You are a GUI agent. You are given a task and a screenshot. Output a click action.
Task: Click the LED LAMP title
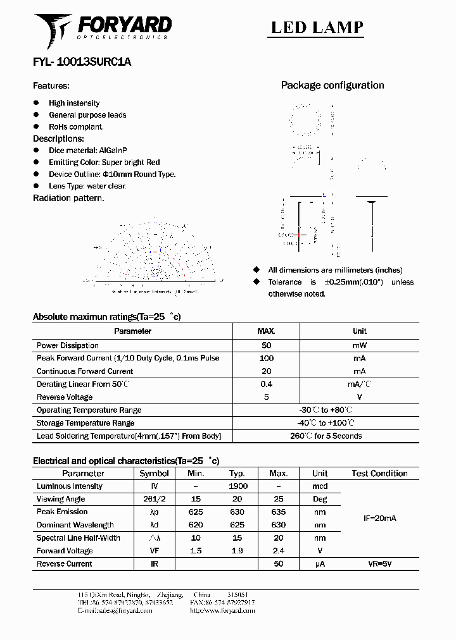(317, 27)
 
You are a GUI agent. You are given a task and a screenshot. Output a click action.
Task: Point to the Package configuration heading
(332, 85)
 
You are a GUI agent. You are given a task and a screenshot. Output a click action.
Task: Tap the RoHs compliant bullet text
(76, 126)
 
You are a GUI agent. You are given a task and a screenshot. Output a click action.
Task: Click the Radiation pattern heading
(68, 198)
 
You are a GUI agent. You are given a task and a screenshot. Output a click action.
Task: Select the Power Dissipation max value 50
(266, 345)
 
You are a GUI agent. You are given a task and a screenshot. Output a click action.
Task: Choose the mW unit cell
(359, 345)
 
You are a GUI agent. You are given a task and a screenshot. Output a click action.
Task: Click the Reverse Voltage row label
(65, 397)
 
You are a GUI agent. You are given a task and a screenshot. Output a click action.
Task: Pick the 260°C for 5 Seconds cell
(326, 436)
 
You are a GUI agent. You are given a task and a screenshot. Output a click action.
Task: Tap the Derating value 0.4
(266, 384)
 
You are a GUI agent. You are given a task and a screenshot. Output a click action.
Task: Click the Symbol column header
(154, 473)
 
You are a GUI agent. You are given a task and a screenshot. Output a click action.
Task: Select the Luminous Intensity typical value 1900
(237, 486)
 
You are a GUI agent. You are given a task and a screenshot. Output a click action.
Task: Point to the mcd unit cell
(320, 486)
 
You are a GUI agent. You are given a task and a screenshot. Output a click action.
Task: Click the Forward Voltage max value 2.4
(278, 551)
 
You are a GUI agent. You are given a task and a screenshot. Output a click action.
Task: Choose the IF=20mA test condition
(379, 519)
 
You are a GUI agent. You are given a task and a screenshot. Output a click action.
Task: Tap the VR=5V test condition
(379, 563)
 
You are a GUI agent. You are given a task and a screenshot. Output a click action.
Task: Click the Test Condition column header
(379, 473)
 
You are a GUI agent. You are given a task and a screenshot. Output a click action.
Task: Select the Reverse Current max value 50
(278, 563)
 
